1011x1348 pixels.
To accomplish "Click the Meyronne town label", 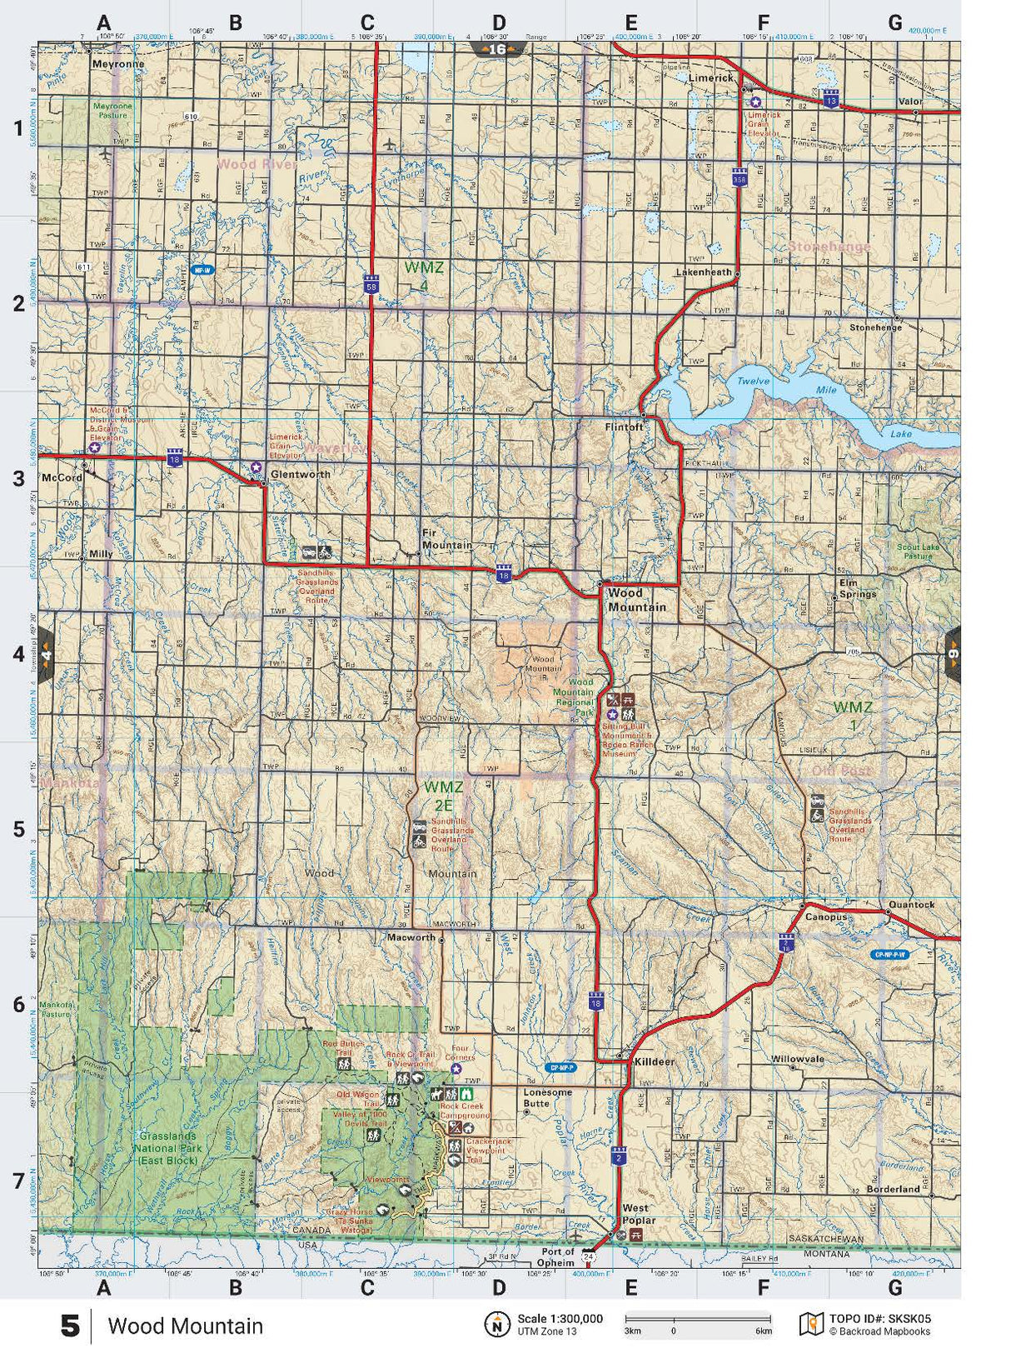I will click(x=117, y=64).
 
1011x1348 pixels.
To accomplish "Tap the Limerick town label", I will click(x=710, y=77).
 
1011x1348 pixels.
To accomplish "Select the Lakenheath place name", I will click(x=703, y=272).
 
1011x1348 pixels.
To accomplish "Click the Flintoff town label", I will click(x=624, y=427).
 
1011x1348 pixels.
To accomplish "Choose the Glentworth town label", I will click(x=300, y=474).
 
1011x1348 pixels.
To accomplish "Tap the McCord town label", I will click(x=62, y=478).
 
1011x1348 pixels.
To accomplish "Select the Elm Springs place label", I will click(x=857, y=588).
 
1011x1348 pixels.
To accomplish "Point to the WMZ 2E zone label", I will click(x=443, y=796).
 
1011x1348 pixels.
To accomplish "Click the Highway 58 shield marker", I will click(x=371, y=285).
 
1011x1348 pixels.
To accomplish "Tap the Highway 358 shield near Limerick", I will click(x=740, y=177).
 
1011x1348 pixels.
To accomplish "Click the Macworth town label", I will click(x=411, y=937).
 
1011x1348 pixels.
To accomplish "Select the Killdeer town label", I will click(x=655, y=1062).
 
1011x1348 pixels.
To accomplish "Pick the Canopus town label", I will click(x=825, y=916).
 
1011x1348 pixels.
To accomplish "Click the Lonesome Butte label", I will click(x=547, y=1097).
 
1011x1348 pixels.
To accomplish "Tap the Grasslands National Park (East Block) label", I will click(x=168, y=1147).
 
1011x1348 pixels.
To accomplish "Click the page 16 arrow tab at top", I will click(x=497, y=49).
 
